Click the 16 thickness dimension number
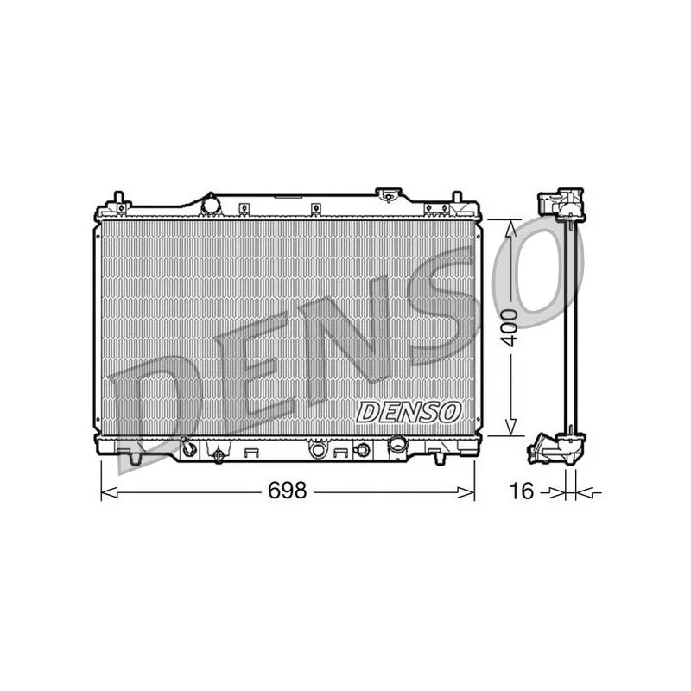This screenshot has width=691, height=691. (x=519, y=491)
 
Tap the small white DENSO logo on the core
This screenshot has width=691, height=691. (x=409, y=412)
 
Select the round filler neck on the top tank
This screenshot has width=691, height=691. (x=211, y=205)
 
